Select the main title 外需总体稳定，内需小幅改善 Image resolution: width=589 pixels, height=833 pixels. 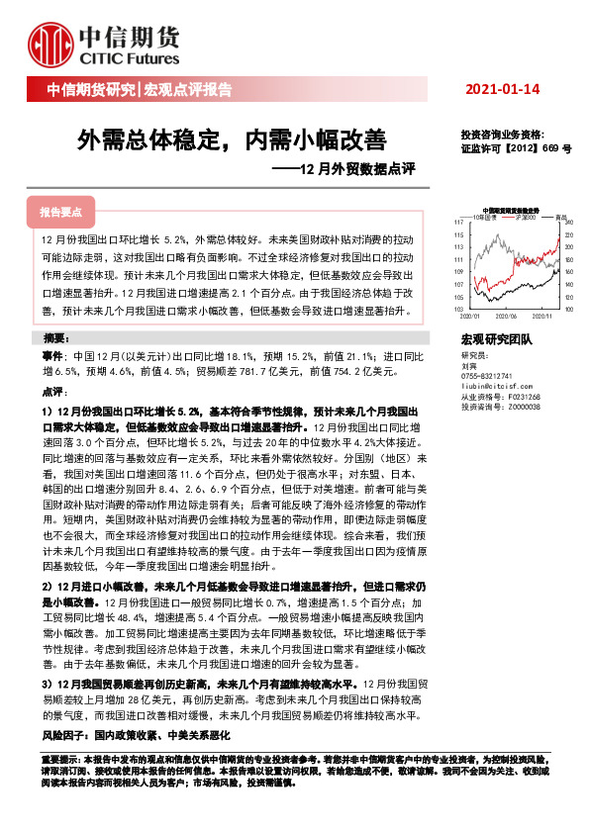(233, 139)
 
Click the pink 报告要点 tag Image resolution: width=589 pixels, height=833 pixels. (61, 213)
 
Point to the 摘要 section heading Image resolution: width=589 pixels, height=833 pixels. (57, 338)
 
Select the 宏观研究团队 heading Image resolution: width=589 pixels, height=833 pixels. (496, 340)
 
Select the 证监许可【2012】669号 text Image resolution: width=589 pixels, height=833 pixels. (510, 147)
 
